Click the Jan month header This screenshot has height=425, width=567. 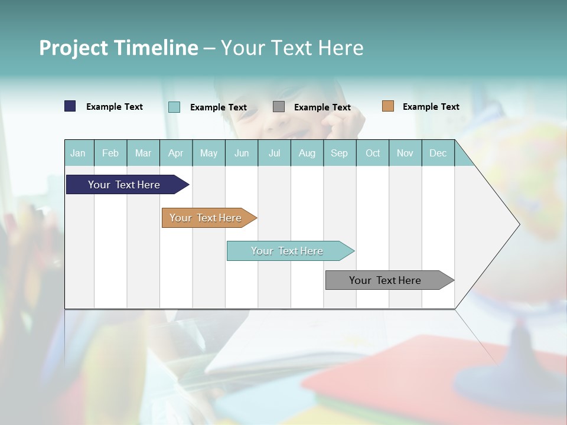78,153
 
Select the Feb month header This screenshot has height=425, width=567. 110,153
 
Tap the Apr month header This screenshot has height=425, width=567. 175,153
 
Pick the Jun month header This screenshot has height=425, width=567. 242,153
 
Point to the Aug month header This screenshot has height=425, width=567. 307,153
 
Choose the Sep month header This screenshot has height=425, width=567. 339,153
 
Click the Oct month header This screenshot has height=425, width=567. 373,153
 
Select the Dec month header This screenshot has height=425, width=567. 438,153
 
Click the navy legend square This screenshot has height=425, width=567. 70,106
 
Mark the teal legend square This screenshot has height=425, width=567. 174,107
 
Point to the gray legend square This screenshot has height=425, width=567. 279,107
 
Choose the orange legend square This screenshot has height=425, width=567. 388,106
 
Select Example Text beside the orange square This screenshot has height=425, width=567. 431,107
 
